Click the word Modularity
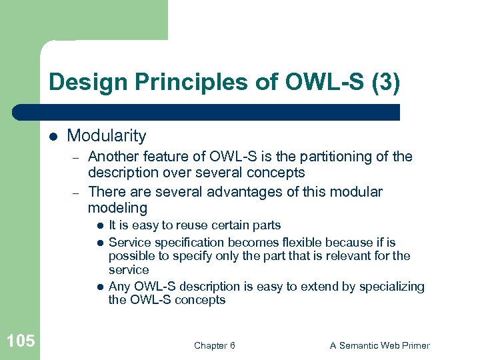[107, 136]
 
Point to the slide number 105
[20, 341]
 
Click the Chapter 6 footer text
[214, 345]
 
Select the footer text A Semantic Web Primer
[380, 345]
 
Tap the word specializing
[391, 287]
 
